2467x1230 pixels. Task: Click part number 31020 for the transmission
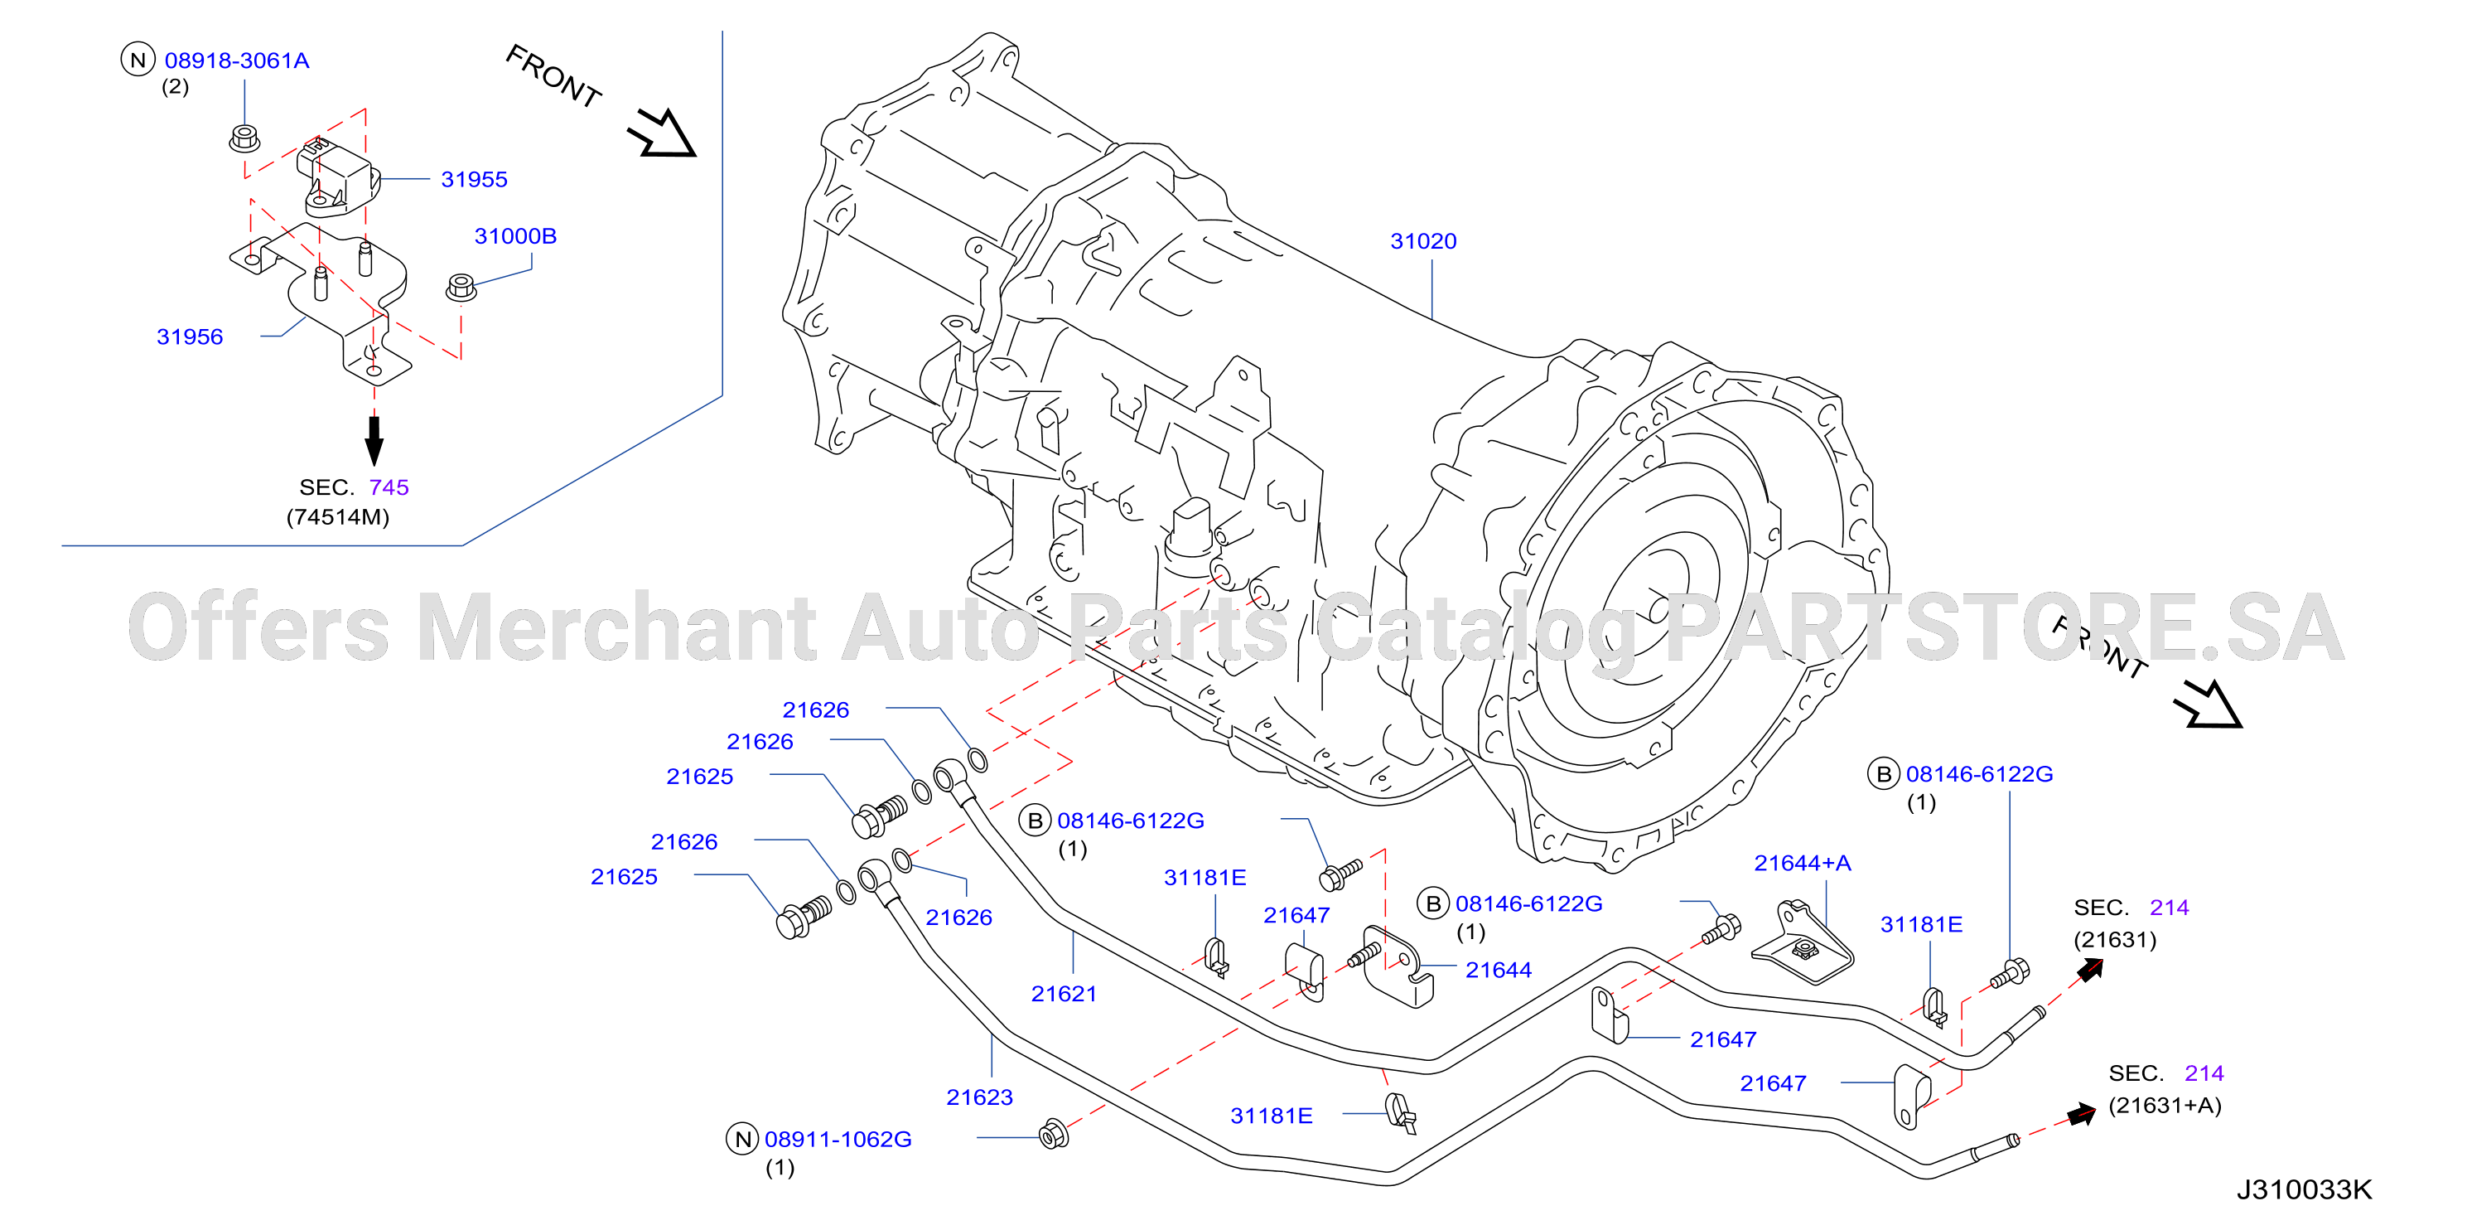(1423, 241)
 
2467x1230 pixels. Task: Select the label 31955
(474, 179)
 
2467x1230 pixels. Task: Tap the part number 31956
(190, 337)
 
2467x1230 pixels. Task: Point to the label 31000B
(515, 235)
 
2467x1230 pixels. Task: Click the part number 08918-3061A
(237, 61)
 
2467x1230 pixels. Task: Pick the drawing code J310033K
(2304, 1189)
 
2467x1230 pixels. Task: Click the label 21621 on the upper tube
(1064, 995)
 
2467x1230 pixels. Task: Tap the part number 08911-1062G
(838, 1140)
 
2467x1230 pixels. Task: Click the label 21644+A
(1803, 863)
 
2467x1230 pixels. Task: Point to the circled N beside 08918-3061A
(138, 61)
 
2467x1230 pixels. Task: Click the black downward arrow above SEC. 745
(374, 441)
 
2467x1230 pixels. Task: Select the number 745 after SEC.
(389, 487)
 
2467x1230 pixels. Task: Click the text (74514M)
(338, 517)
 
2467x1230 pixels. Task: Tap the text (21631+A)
(2165, 1106)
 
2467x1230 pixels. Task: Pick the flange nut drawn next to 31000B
(461, 288)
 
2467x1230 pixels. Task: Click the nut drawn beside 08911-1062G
(1054, 1134)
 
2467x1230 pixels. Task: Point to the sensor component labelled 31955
(337, 177)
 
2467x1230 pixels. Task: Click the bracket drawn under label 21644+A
(1803, 943)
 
